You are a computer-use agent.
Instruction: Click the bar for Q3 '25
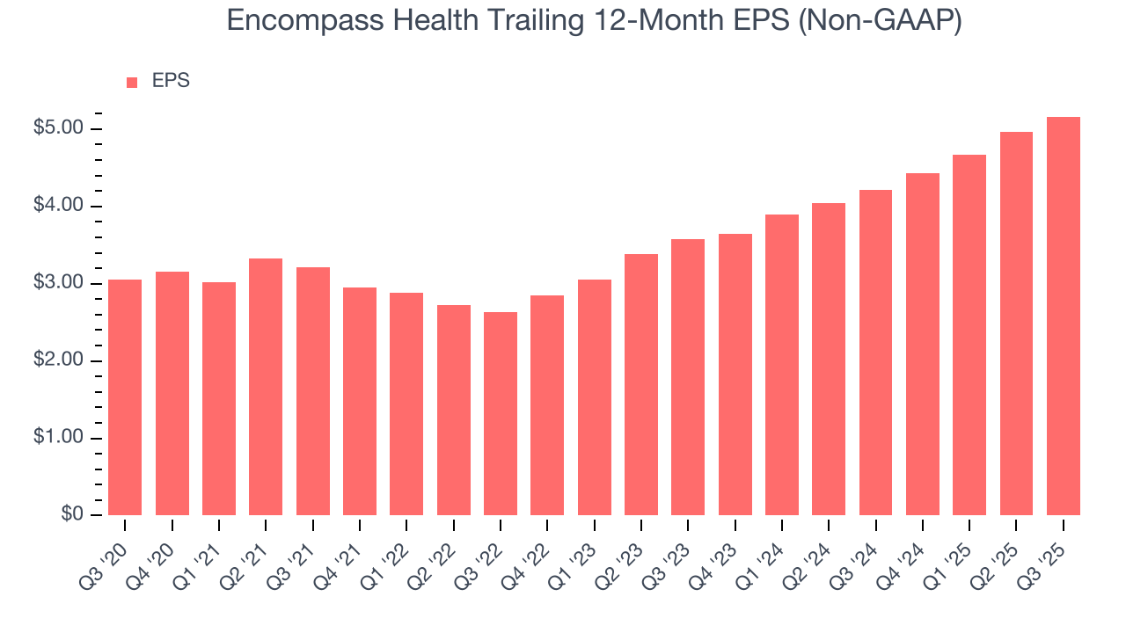pos(1063,316)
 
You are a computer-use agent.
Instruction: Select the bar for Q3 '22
pos(500,413)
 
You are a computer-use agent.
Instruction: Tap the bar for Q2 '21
pos(266,387)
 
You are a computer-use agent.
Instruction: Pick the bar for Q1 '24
pos(781,365)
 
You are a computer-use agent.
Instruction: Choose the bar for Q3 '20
pos(125,397)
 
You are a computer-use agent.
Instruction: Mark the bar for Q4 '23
pos(735,375)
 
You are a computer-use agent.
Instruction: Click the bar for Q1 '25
pos(969,335)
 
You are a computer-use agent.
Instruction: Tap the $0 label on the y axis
pos(72,515)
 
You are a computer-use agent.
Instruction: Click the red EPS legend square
pos(132,82)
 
